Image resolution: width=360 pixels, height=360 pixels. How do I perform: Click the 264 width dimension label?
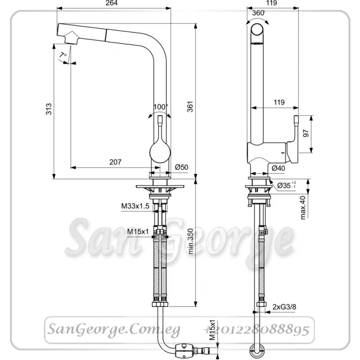point(112,3)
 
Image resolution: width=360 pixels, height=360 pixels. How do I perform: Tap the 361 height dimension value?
point(190,107)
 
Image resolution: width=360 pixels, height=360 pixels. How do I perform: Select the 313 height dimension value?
point(49,109)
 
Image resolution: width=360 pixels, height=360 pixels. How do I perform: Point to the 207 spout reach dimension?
point(115,162)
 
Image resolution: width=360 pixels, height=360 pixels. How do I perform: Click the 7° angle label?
point(63,55)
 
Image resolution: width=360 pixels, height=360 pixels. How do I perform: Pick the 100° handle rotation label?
point(161,107)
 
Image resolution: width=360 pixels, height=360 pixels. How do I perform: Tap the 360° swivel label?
point(258,13)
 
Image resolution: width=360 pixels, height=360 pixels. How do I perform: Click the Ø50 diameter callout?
point(181,167)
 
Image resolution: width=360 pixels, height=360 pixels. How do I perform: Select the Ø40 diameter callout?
point(278,168)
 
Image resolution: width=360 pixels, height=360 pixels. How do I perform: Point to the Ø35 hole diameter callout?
point(287,185)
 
